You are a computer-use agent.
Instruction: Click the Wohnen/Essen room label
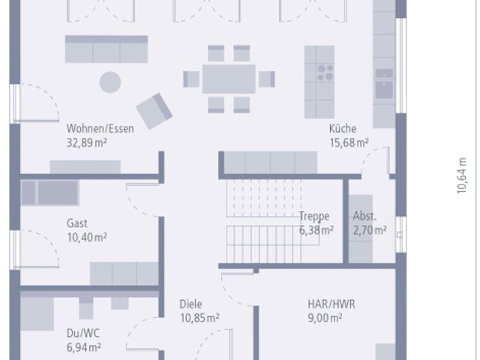tap(100, 128)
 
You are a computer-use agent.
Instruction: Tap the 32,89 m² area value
tap(87, 142)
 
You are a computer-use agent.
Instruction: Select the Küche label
tap(343, 128)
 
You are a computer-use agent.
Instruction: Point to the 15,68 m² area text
tap(349, 142)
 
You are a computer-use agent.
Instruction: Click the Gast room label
tap(76, 223)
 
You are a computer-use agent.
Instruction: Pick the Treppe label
tap(314, 216)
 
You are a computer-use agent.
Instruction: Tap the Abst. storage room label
tap(365, 216)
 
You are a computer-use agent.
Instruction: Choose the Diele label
tap(190, 304)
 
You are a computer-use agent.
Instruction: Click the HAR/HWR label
tap(331, 304)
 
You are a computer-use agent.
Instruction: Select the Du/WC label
tap(83, 333)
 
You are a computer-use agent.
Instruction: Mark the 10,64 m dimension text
tap(462, 175)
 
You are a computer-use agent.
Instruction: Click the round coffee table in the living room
tap(110, 82)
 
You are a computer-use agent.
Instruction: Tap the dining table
tap(229, 79)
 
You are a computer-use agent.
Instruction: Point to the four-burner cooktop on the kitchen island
tap(325, 73)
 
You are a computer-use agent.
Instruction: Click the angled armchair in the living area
tap(154, 111)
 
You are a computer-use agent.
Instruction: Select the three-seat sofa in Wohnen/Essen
tap(106, 49)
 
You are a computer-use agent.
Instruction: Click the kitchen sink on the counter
tap(384, 89)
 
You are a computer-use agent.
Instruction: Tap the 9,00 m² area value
tap(325, 318)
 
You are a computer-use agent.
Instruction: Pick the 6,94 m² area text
tap(84, 347)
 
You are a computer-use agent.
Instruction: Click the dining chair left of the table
tap(191, 79)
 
